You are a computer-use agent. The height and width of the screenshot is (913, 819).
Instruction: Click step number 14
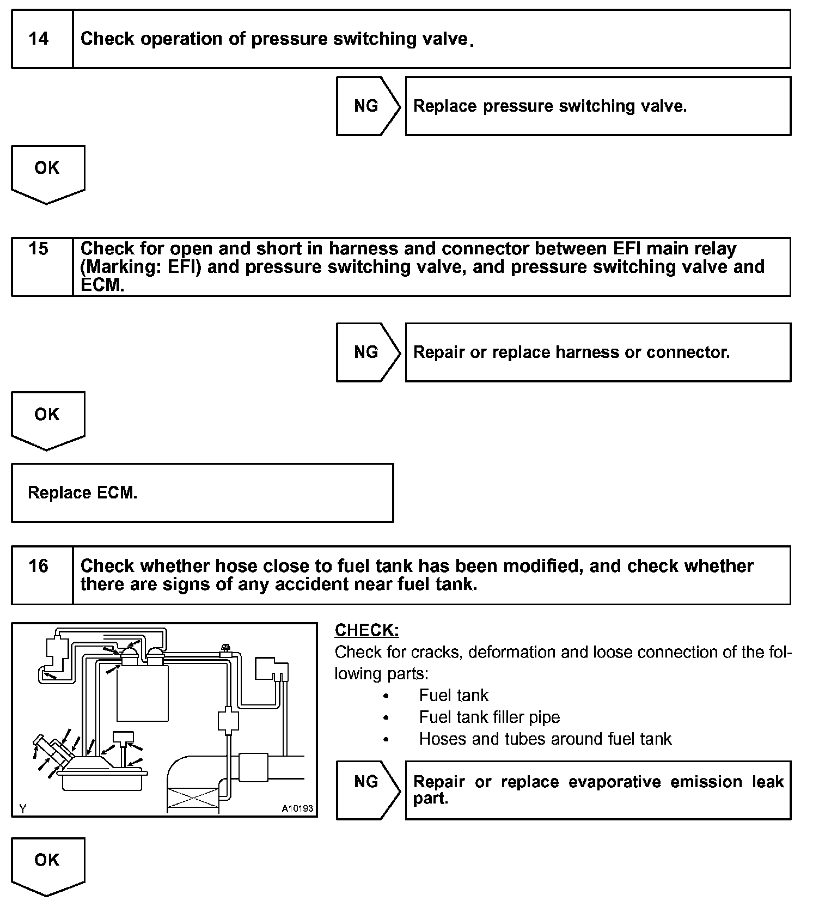point(39,39)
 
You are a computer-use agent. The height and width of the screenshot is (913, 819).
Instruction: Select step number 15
point(39,249)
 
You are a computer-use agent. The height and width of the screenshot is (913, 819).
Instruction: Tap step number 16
point(39,566)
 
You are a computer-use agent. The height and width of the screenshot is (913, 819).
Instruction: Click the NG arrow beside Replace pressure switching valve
point(366,106)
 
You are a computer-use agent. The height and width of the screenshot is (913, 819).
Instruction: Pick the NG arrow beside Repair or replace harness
point(366,352)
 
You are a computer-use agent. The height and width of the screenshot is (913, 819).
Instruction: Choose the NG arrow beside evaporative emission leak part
point(366,782)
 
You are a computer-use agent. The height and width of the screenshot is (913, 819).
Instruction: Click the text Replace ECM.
point(82,493)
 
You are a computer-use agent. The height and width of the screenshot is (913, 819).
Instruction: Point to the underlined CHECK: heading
point(366,630)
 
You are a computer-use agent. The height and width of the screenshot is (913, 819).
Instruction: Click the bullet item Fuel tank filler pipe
point(489,717)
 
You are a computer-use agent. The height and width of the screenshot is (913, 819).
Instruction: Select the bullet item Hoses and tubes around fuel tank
point(545,739)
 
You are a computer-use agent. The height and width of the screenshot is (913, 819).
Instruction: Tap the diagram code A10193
point(297,808)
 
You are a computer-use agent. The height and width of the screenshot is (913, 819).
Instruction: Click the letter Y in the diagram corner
point(22,809)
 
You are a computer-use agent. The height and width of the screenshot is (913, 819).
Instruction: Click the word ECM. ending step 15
point(102,285)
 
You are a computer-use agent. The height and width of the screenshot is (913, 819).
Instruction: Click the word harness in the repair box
point(587,352)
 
